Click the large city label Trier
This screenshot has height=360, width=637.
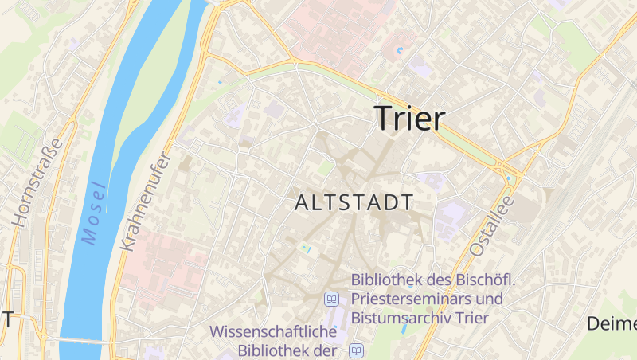pos(409,118)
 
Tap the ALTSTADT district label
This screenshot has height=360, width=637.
pos(354,203)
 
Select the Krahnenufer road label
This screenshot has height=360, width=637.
pos(144,202)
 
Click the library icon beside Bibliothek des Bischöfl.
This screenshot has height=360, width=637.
pos(331,299)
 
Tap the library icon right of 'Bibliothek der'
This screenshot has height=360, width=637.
pos(358,350)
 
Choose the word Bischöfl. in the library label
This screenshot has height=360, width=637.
pos(487,280)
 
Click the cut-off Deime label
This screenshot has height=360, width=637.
pos(612,323)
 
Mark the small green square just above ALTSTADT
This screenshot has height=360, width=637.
pos(325,169)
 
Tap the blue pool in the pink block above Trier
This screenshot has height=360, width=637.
pos(399,52)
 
